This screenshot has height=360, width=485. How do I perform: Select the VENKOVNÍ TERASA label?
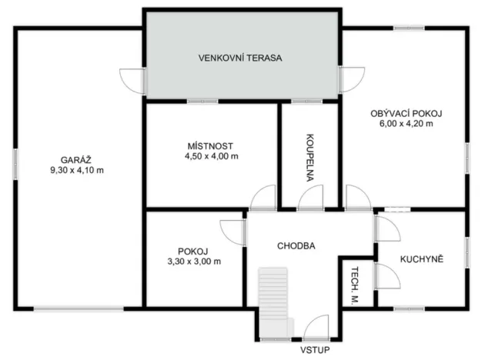(x=240, y=58)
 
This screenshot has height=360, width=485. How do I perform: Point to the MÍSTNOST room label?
(x=209, y=145)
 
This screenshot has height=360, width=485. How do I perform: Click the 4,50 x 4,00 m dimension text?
(x=209, y=156)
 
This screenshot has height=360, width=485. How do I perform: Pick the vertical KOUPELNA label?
(x=308, y=157)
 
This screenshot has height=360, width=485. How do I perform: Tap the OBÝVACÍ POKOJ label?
(x=406, y=113)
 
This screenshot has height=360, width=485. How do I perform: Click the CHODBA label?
(x=296, y=245)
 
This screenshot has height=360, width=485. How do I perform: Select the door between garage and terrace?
(x=132, y=78)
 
